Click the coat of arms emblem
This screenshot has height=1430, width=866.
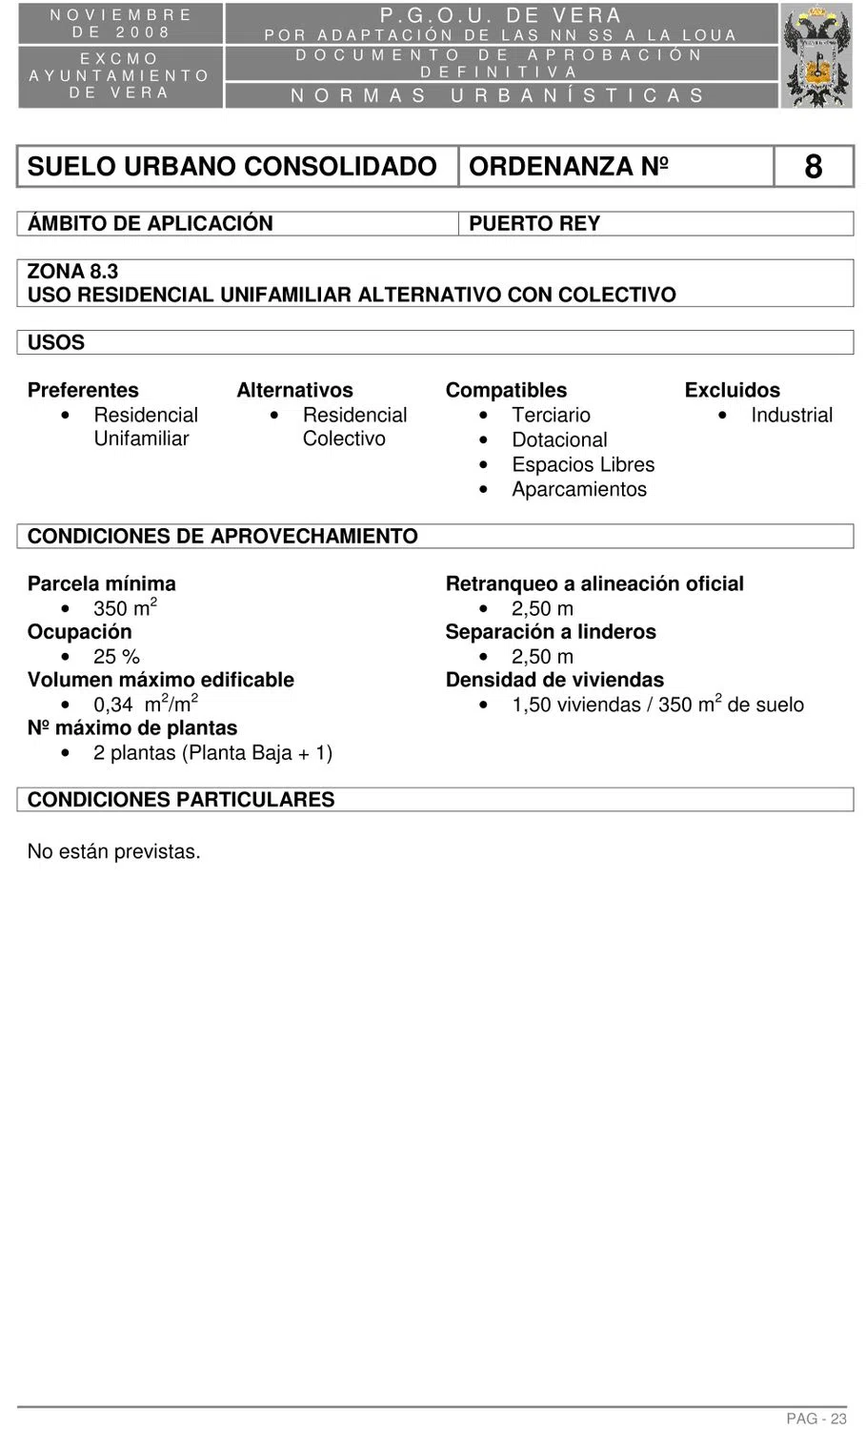(816, 55)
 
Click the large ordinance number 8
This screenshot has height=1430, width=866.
(813, 167)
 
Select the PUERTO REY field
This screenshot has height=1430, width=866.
(534, 224)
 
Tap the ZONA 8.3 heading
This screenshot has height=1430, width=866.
(72, 273)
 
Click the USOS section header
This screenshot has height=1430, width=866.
(56, 342)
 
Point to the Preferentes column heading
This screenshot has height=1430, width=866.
(83, 390)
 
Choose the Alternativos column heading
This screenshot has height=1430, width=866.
(294, 390)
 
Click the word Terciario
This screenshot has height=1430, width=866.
(551, 415)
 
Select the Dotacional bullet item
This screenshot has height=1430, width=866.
(559, 439)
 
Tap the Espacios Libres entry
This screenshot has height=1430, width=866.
(583, 464)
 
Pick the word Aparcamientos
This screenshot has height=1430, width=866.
(579, 489)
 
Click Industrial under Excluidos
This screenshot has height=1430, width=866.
(791, 415)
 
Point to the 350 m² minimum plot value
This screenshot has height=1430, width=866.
(125, 608)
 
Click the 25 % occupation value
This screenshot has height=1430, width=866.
(116, 656)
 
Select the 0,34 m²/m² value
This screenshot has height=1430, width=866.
(145, 705)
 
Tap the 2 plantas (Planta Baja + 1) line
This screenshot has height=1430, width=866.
(212, 752)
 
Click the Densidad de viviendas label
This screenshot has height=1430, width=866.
(554, 680)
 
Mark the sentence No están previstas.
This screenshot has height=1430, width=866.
(113, 851)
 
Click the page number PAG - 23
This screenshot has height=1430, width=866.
(816, 1419)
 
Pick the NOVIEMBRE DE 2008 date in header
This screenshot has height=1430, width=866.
(121, 24)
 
